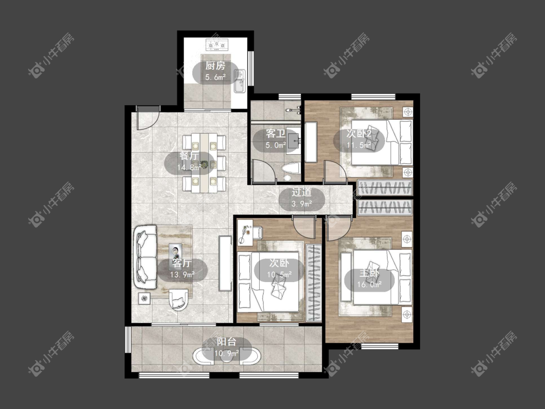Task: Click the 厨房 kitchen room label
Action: click(x=215, y=65)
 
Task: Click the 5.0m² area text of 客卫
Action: click(x=276, y=145)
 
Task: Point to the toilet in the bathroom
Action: click(x=291, y=172)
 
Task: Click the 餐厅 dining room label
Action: click(x=189, y=156)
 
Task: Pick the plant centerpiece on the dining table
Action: click(x=203, y=163)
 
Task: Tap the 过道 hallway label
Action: click(x=301, y=192)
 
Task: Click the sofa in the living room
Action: click(x=145, y=257)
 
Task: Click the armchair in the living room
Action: click(x=179, y=299)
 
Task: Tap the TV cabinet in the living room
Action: click(x=225, y=263)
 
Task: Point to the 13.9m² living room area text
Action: click(x=182, y=275)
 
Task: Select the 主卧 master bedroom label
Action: click(x=369, y=273)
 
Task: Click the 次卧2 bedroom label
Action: click(x=359, y=134)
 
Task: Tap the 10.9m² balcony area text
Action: click(x=227, y=354)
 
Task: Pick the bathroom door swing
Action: click(x=264, y=171)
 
